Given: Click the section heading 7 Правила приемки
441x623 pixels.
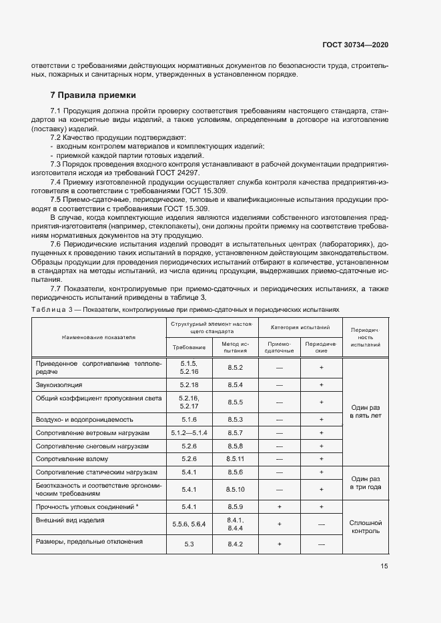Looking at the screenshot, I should coord(93,95).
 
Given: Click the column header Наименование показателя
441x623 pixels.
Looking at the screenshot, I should coord(98,337).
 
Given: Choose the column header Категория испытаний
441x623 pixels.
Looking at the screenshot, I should coord(300,328).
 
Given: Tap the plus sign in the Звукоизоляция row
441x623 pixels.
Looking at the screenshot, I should coord(321,385).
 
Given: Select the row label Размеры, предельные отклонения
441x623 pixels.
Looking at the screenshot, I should coord(89,542).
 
